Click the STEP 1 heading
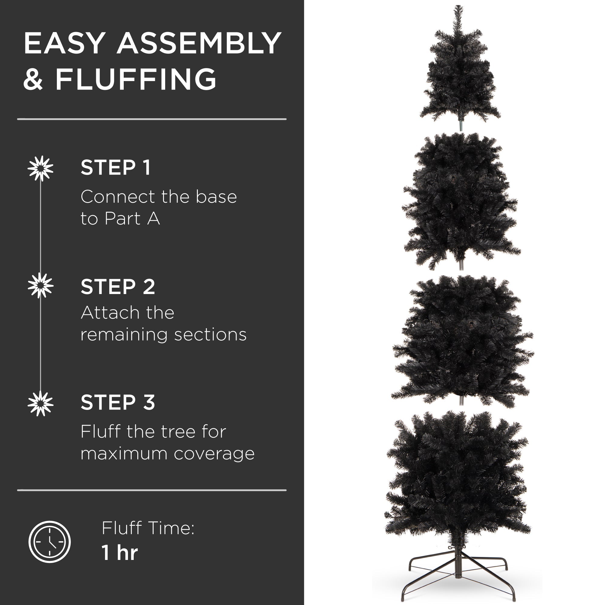pos(116,168)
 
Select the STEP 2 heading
pos(118,286)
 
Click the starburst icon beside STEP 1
pos(41,168)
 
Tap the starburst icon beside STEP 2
pos(41,285)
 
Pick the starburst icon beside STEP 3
pos(41,403)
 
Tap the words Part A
pos(132,218)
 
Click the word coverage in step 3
pos(214,453)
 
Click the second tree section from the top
pos(461,201)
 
